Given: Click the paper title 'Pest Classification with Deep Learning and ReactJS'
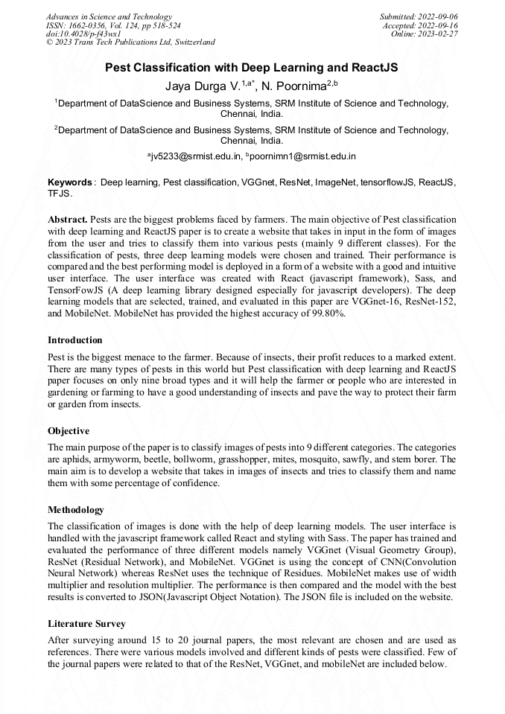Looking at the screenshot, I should pyautogui.click(x=251, y=68).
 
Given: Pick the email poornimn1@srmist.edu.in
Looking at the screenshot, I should pyautogui.click(x=305, y=157).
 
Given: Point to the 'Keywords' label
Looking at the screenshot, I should pyautogui.click(x=70, y=182).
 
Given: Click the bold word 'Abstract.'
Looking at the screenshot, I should pyautogui.click(x=68, y=220).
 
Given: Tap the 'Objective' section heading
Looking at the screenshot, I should pyautogui.click(x=69, y=431).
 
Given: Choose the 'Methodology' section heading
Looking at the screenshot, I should pyautogui.click(x=76, y=510).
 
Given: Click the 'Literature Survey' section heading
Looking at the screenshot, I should pyautogui.click(x=86, y=623).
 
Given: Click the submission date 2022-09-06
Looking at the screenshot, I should pyautogui.click(x=439, y=16).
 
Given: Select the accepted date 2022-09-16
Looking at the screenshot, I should pyautogui.click(x=439, y=25).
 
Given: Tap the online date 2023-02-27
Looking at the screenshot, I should pyautogui.click(x=439, y=34).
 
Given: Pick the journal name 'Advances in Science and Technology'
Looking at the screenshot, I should pyautogui.click(x=109, y=16).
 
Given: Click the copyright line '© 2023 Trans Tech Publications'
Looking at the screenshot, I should pyautogui.click(x=130, y=43).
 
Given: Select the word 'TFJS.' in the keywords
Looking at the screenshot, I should pyautogui.click(x=60, y=193).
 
